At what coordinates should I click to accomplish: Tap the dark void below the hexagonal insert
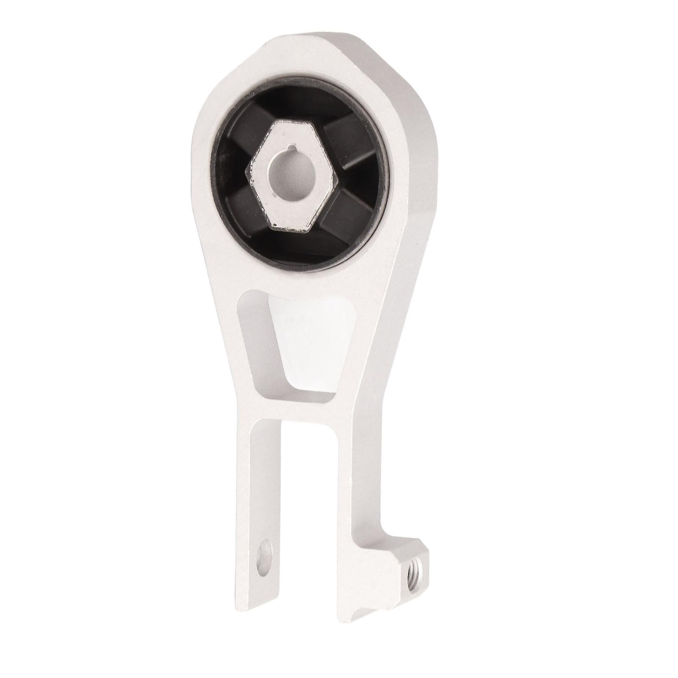296,246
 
